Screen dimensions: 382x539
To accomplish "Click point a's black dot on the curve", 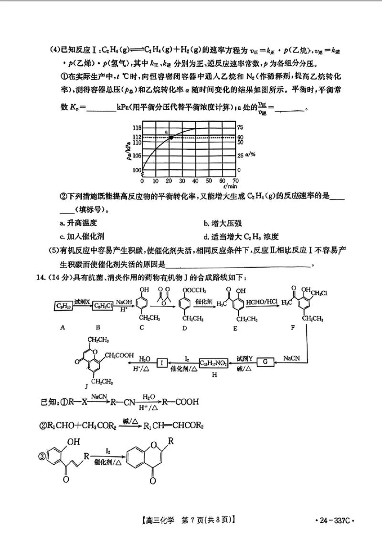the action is [171, 137].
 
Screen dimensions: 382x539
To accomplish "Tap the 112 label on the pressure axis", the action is [137, 137].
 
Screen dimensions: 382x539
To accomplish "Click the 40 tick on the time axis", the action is [195, 181].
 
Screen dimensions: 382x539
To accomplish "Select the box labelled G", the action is [266, 363].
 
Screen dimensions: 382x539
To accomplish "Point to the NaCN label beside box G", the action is [291, 357].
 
